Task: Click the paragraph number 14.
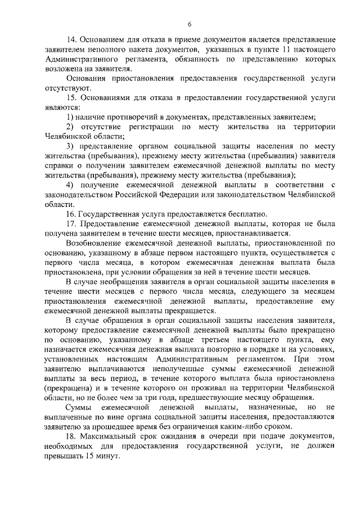pyautogui.click(x=71, y=41)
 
